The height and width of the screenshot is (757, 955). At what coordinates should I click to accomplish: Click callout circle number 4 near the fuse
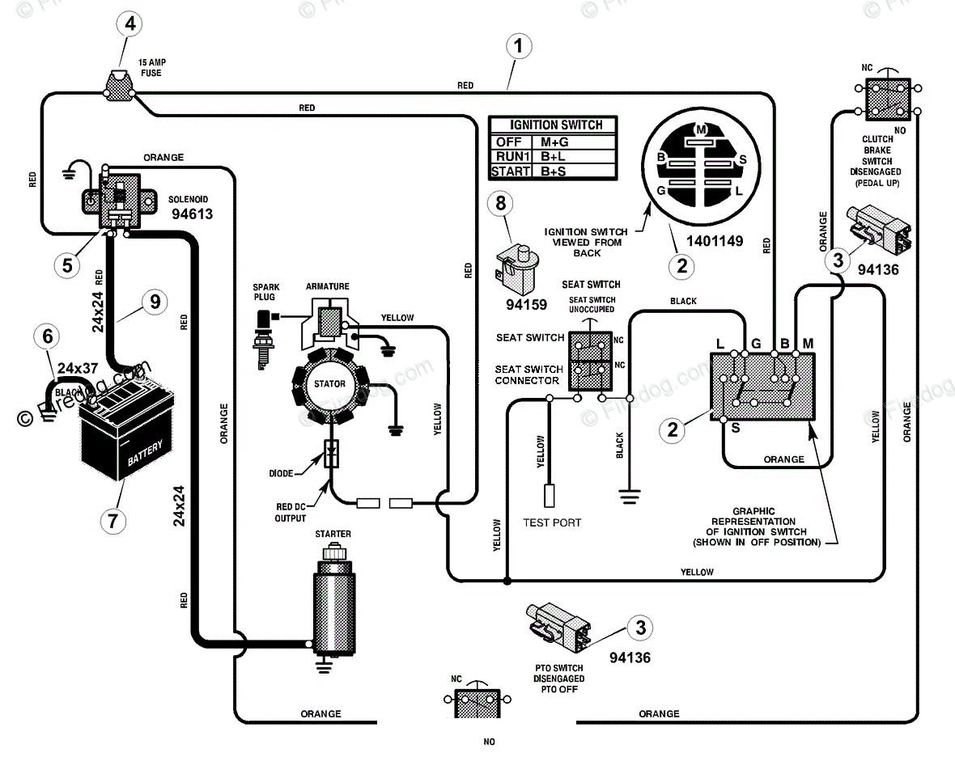pos(130,23)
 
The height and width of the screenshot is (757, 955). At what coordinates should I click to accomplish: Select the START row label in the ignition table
pos(511,171)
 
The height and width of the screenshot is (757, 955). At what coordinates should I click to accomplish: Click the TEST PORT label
pos(552,522)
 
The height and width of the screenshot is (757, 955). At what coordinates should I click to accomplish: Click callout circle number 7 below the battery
pos(113,519)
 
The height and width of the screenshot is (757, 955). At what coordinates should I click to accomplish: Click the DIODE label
pos(286,473)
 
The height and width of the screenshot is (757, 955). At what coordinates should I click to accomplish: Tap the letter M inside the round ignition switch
pos(701,129)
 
